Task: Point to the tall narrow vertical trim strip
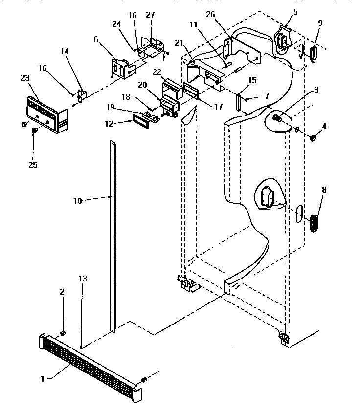coord(113,235)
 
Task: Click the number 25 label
coord(33,165)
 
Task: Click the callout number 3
coord(316,90)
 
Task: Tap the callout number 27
coord(150,15)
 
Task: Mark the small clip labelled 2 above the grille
coord(63,334)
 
